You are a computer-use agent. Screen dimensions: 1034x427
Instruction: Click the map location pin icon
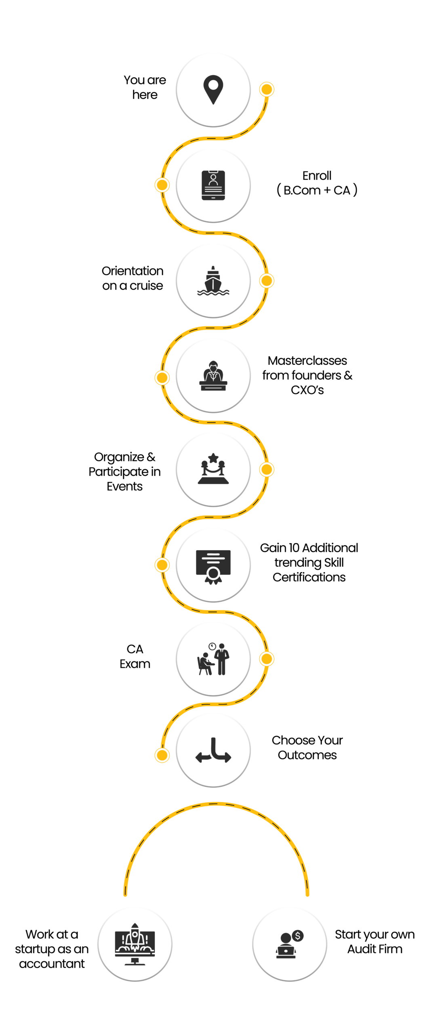[x=213, y=89]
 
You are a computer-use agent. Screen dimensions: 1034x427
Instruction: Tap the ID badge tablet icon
[x=213, y=185]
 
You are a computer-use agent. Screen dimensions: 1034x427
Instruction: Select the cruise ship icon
[x=213, y=280]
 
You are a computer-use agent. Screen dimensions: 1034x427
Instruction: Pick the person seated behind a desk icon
[x=213, y=376]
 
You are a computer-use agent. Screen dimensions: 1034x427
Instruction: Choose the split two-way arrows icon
[x=213, y=750]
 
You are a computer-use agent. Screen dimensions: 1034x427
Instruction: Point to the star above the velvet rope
[x=213, y=458]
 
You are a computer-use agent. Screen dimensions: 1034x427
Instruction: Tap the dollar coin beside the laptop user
[x=298, y=935]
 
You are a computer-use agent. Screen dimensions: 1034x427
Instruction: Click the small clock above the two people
[x=212, y=646]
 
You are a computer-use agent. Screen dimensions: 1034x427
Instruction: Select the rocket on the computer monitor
[x=135, y=936]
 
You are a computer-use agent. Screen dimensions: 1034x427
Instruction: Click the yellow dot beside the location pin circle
[x=267, y=89]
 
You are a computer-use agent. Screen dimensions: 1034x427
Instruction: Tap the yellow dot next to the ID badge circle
[x=162, y=185]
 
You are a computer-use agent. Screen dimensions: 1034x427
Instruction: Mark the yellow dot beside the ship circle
[x=267, y=280]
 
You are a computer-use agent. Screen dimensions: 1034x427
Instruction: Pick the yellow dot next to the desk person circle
[x=162, y=378]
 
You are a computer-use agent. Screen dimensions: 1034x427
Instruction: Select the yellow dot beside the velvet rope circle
[x=267, y=469]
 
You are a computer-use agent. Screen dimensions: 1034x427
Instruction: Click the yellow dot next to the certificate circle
[x=162, y=565]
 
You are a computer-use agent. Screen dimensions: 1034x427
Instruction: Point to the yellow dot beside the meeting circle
[x=267, y=659]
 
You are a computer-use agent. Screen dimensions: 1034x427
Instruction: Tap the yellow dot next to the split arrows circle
[x=162, y=755]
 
